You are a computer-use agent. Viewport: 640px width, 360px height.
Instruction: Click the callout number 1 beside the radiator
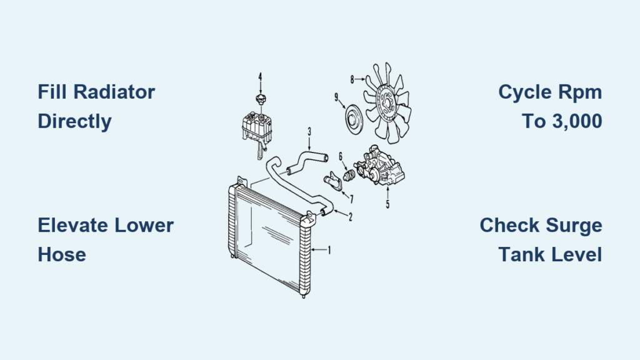(329, 250)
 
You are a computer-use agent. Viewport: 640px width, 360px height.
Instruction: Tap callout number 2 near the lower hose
(350, 217)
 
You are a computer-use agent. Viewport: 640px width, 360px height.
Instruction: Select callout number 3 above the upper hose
(309, 132)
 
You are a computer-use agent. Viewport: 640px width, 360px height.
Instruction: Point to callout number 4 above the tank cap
(260, 77)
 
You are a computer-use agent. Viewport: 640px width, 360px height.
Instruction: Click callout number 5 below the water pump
(387, 204)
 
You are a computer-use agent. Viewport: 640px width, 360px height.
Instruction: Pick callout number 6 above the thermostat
(341, 157)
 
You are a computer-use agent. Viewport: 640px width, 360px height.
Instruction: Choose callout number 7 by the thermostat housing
(351, 199)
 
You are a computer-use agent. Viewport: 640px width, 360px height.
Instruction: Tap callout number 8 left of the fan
(352, 79)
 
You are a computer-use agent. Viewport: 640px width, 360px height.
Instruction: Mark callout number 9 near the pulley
(336, 97)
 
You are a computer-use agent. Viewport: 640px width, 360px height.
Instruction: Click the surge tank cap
(261, 98)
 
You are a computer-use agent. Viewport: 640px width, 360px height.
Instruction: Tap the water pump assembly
(379, 166)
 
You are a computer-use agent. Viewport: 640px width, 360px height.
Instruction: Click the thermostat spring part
(348, 176)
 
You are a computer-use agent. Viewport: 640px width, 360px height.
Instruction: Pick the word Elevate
(72, 225)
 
